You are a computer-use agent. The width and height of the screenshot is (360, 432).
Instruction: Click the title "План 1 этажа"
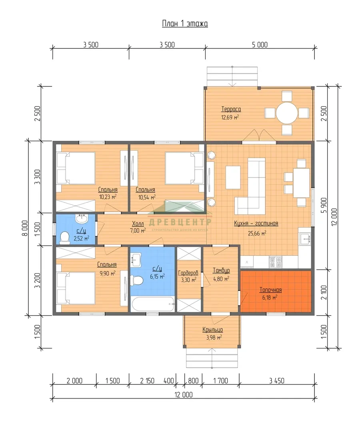[x=185, y=24]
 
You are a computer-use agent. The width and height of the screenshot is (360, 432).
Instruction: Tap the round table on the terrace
[x=287, y=113]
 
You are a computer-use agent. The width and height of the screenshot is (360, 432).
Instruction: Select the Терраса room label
[x=231, y=109]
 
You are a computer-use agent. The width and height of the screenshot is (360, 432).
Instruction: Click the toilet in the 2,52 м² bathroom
[x=65, y=238]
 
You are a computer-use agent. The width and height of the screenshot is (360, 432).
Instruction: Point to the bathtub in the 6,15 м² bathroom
[x=153, y=304]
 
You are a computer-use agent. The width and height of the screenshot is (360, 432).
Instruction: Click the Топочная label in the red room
[x=270, y=290]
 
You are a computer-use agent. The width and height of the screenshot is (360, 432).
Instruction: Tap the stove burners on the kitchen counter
[x=276, y=262]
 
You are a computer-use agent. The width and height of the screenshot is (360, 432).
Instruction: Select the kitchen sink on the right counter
[x=305, y=238]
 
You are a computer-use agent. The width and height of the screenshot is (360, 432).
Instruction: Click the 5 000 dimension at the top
[x=260, y=45]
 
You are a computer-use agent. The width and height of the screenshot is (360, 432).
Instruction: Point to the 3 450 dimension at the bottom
[x=276, y=380]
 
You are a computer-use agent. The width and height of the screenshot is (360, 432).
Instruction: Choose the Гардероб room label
[x=188, y=273]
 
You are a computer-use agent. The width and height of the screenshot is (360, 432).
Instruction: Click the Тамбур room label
[x=221, y=270]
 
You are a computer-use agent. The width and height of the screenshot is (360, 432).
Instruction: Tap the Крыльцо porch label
[x=213, y=330]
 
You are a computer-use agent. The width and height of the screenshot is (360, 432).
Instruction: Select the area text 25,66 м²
[x=257, y=233]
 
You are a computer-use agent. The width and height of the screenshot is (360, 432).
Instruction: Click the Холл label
[x=138, y=224]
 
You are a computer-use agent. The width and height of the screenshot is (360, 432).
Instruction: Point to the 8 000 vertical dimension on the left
[x=25, y=228]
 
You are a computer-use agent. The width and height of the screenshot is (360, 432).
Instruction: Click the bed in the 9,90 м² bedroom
[x=76, y=288]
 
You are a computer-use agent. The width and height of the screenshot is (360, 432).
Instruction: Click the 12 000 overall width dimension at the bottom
[x=184, y=394]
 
